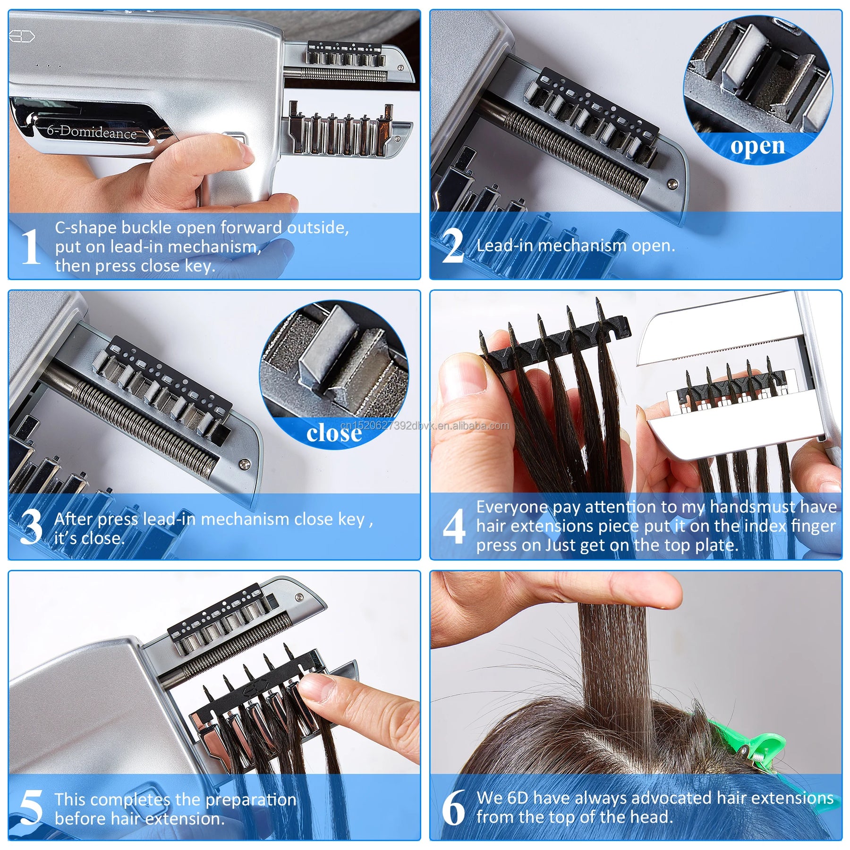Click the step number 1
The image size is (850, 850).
tap(31, 246)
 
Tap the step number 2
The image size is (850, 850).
tap(452, 246)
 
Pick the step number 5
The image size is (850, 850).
tap(31, 808)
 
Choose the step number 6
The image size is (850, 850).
tap(453, 808)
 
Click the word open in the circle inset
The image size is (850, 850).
tap(757, 147)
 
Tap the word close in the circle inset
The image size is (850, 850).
tap(334, 433)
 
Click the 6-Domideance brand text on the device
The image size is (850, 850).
tap(92, 131)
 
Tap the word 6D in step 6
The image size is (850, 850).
tap(518, 798)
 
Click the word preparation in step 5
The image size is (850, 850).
tap(251, 800)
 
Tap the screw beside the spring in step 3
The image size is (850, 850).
tap(244, 464)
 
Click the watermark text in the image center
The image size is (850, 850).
tap(425, 425)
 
